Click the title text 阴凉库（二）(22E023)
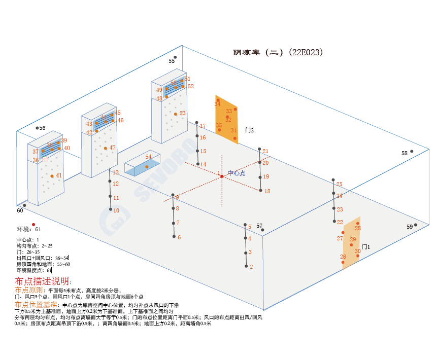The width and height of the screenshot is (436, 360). (278, 52)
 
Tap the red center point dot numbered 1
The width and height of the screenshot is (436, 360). (222, 176)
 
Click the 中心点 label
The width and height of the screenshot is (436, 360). (236, 173)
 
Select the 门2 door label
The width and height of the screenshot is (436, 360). (249, 130)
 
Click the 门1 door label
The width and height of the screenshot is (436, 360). (365, 247)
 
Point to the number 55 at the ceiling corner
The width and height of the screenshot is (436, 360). (172, 61)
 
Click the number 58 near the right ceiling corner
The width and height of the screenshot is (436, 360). (405, 153)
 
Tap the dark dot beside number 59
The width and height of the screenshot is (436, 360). (415, 225)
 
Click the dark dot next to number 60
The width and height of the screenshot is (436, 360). (24, 205)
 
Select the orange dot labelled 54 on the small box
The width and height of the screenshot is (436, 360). (147, 166)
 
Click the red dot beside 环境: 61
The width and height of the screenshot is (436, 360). (33, 224)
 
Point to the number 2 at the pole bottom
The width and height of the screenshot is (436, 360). (251, 266)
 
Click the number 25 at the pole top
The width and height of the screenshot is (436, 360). (340, 185)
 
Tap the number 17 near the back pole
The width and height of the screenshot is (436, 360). (203, 126)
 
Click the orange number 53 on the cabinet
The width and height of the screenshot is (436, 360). (183, 113)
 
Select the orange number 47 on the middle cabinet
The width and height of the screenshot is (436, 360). (113, 148)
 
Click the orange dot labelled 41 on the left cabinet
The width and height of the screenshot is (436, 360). (52, 176)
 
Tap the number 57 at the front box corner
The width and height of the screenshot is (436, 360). (259, 226)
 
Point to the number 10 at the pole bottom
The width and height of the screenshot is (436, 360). (116, 210)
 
